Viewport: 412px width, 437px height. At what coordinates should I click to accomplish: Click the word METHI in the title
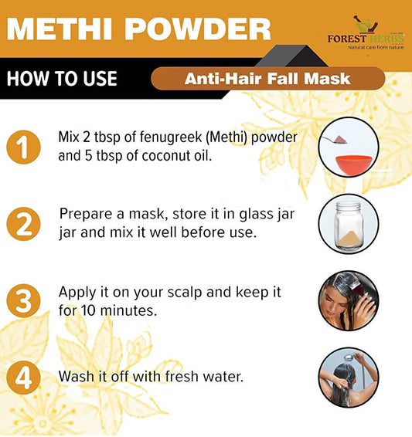(60, 29)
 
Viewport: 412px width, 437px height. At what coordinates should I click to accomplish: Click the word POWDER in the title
(197, 29)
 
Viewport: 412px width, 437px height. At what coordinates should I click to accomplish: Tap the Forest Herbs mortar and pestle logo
(366, 25)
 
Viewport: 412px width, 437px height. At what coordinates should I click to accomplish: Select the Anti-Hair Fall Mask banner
(267, 79)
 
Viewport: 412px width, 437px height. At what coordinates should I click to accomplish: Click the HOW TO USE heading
(62, 78)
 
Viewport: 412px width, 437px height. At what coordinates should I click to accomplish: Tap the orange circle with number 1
(23, 147)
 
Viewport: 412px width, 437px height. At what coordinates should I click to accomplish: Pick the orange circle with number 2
(23, 224)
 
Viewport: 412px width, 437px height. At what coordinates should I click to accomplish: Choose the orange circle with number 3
(23, 300)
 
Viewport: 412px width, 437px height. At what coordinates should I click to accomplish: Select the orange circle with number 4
(23, 378)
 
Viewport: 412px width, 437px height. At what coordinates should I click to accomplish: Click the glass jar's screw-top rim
(349, 206)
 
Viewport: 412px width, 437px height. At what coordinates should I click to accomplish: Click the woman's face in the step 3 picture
(334, 306)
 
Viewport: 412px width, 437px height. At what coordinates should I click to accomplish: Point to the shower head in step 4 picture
(349, 357)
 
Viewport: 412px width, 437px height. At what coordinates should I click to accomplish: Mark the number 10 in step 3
(88, 310)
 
